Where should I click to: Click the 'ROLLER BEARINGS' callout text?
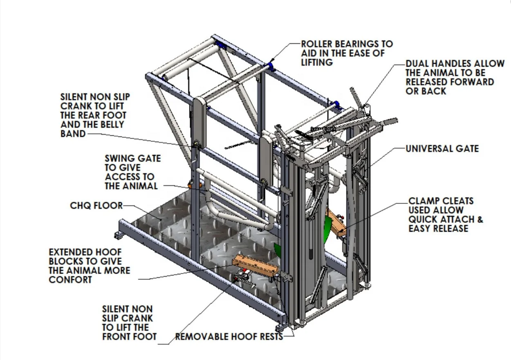(347, 44)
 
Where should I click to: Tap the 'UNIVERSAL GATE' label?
(442, 149)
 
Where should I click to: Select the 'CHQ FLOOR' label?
(96, 206)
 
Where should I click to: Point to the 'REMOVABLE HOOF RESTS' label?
(229, 337)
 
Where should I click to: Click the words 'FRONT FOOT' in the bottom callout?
(129, 337)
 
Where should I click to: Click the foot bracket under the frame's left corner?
(118, 235)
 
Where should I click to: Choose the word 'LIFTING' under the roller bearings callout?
(317, 62)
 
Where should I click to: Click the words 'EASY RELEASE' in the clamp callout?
(438, 228)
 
